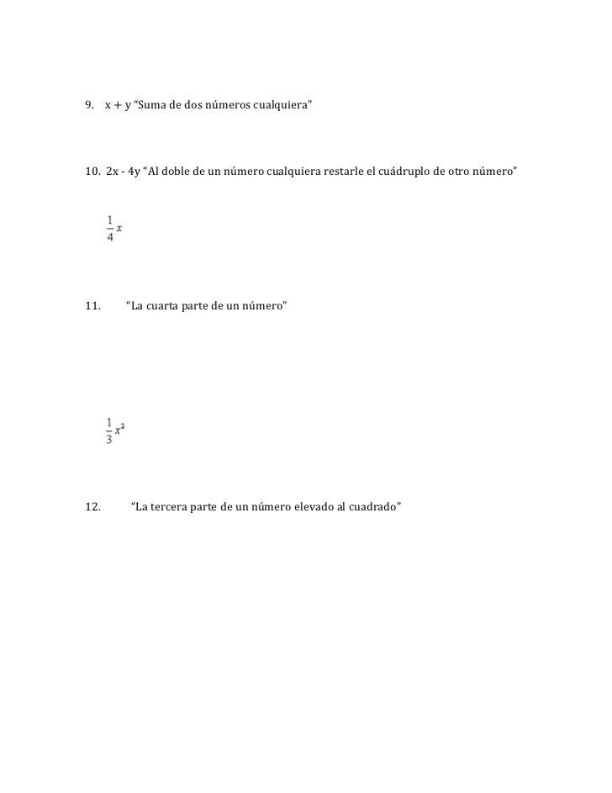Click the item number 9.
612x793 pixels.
(x=89, y=106)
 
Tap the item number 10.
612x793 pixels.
(x=92, y=172)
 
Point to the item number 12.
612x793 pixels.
(x=92, y=507)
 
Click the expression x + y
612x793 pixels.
(x=118, y=106)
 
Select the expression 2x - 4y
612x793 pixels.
(x=124, y=172)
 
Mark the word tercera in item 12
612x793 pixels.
(x=175, y=507)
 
